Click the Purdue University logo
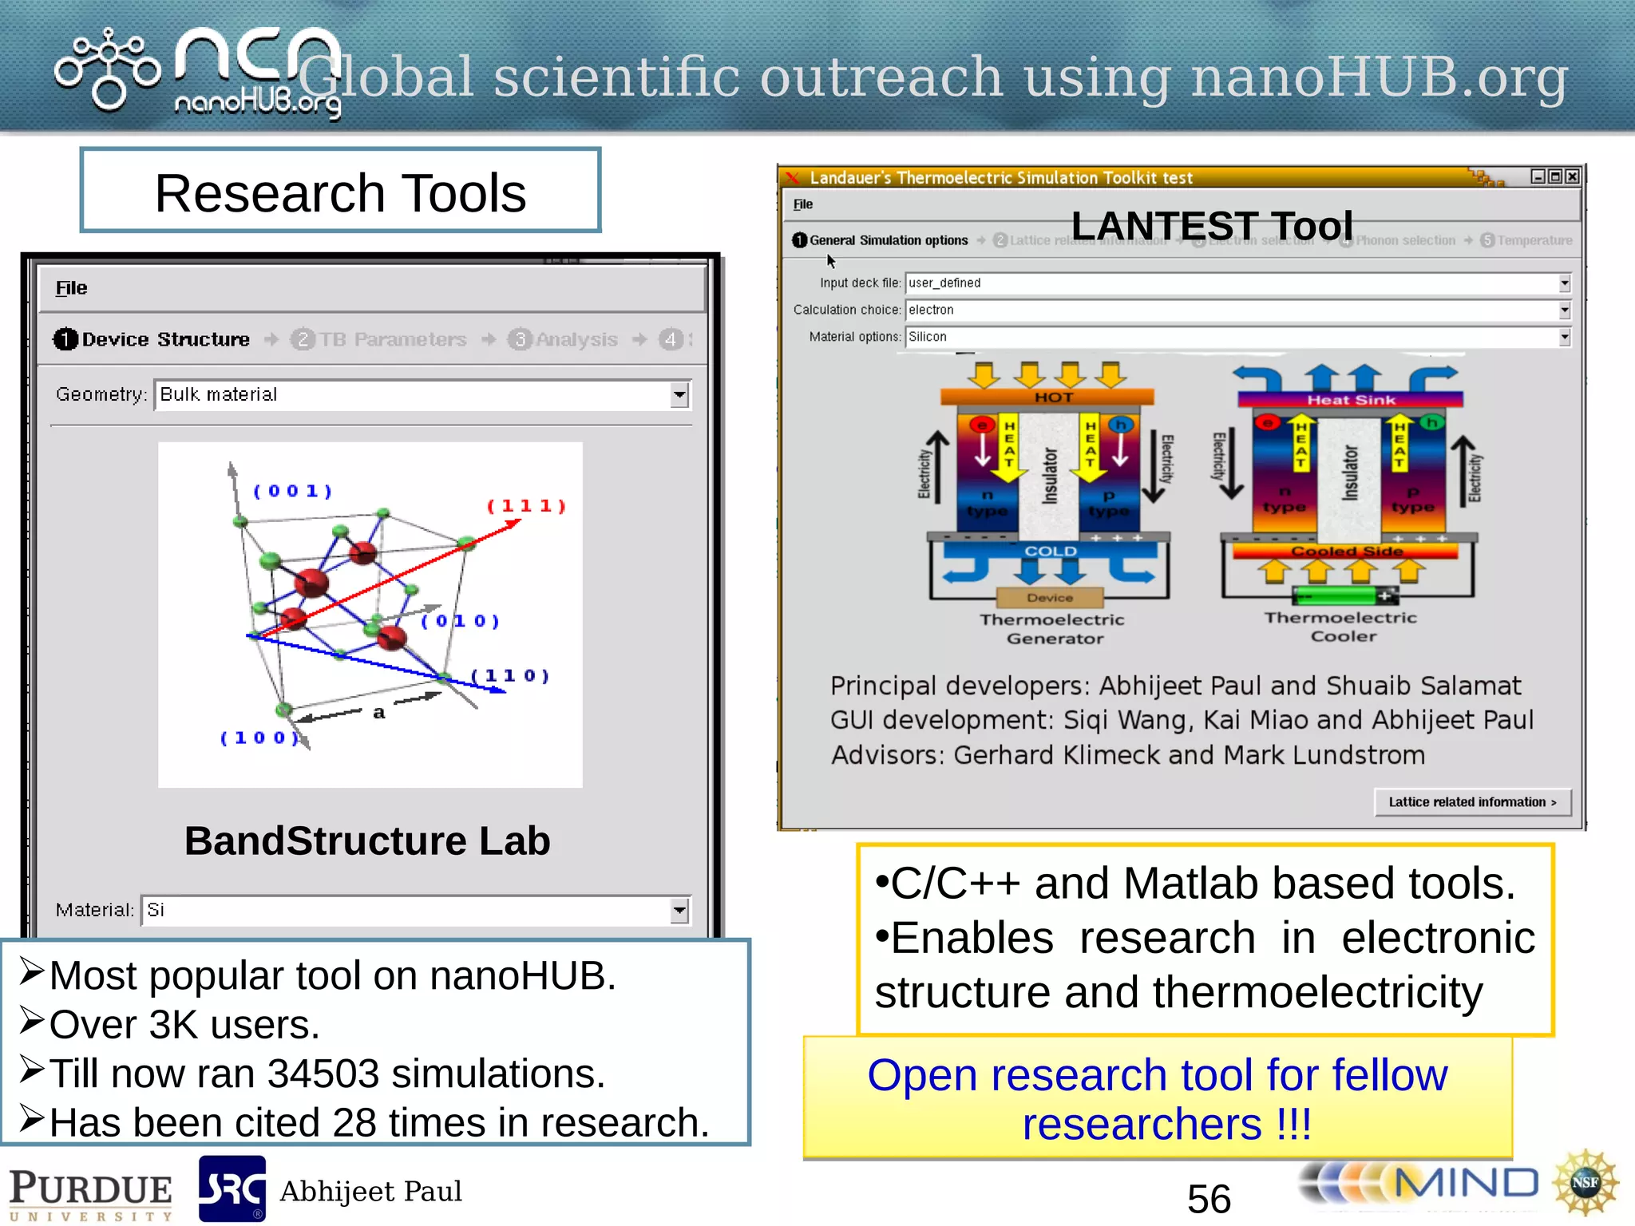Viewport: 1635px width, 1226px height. tap(90, 1193)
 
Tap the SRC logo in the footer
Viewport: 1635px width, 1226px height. tap(232, 1189)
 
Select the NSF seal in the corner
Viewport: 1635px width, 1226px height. tap(1586, 1183)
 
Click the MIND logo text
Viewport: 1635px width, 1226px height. tap(1466, 1183)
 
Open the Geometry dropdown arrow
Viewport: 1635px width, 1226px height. tap(679, 394)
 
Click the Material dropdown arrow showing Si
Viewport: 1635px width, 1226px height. tap(679, 910)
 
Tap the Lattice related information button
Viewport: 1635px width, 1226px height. tap(1472, 802)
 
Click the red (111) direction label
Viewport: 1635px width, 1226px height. tap(527, 506)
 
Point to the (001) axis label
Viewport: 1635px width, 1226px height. tap(292, 491)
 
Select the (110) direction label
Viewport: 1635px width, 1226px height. tap(511, 676)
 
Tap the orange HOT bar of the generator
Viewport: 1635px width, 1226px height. tap(1047, 397)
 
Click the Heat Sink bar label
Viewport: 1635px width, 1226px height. tap(1351, 400)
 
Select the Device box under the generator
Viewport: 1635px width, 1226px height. tap(1050, 597)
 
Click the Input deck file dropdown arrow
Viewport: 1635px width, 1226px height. tap(1565, 283)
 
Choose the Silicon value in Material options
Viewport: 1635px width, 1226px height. tap(928, 337)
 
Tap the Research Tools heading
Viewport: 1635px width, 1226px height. tap(340, 192)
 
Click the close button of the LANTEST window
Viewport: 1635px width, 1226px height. tap(1573, 176)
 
